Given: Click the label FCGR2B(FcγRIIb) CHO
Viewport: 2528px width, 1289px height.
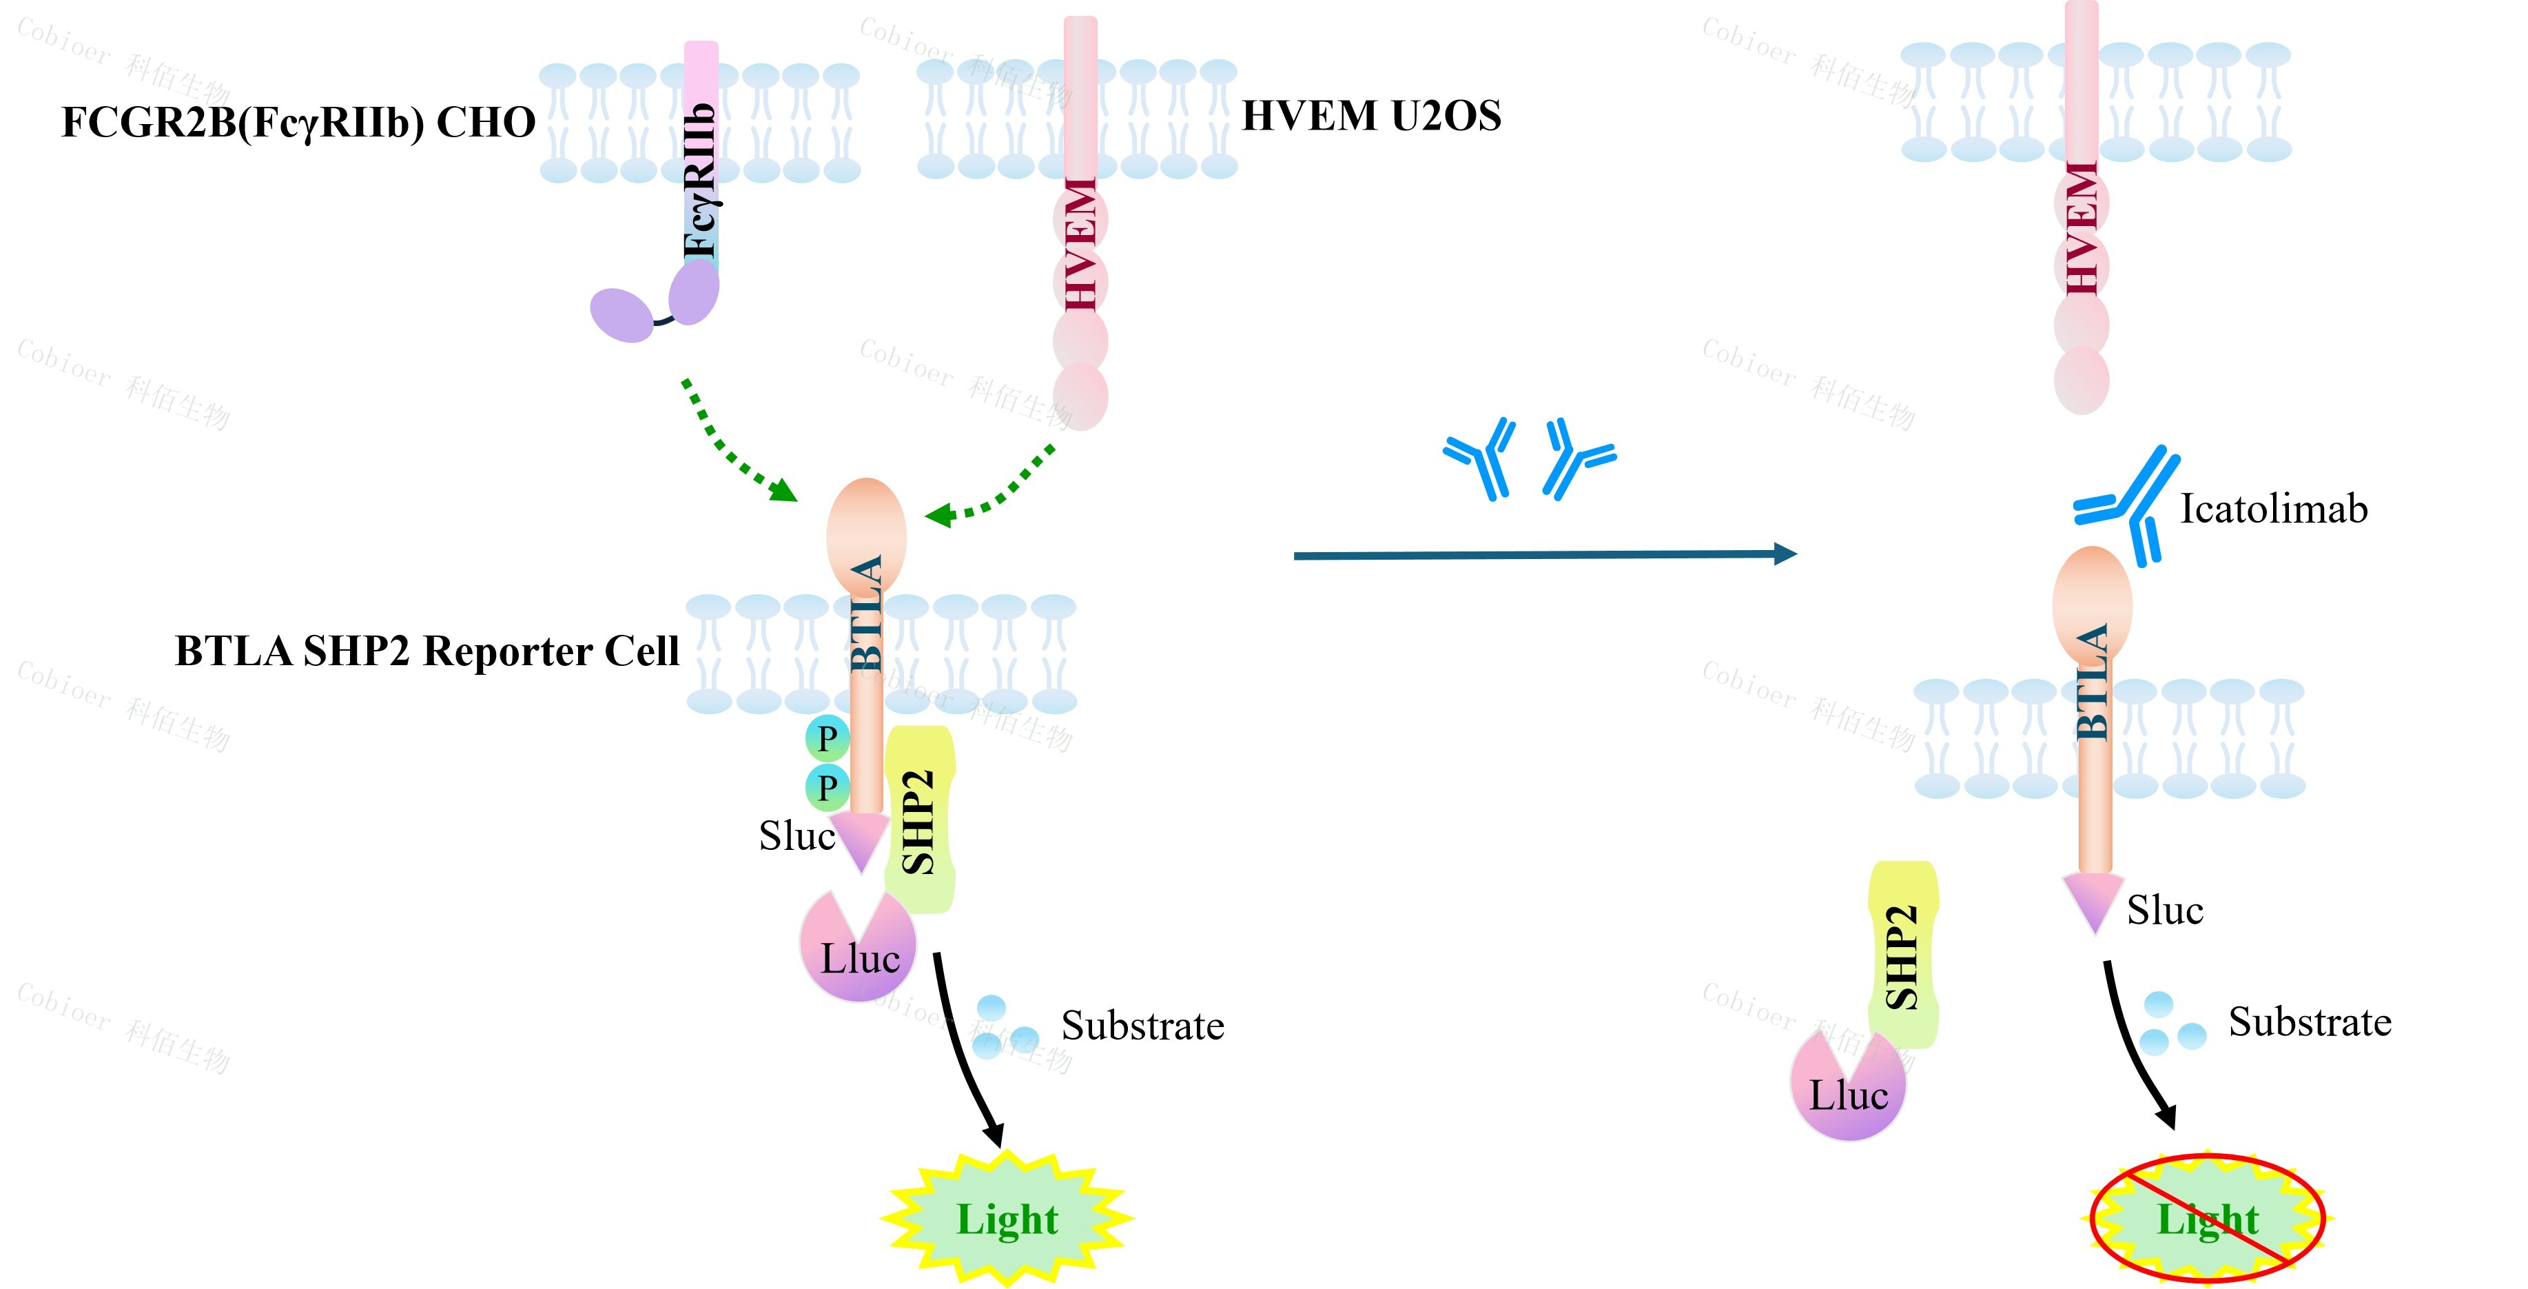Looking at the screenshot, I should pyautogui.click(x=298, y=123).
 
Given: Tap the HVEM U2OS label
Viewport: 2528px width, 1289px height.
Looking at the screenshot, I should pyautogui.click(x=1371, y=116).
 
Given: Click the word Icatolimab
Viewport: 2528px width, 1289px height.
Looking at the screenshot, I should pyautogui.click(x=2273, y=509).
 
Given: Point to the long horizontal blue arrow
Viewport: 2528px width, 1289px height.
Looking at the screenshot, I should pyautogui.click(x=1545, y=555).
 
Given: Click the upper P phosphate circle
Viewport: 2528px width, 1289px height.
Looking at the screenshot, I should pyautogui.click(x=828, y=738).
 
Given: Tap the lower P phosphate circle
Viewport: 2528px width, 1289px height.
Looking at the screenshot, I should pyautogui.click(x=828, y=787).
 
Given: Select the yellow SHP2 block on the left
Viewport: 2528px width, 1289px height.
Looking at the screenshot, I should pyautogui.click(x=920, y=820).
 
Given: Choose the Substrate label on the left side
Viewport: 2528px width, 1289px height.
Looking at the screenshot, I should pyautogui.click(x=1142, y=1026).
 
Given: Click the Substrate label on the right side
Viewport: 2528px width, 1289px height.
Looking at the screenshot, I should pyautogui.click(x=2309, y=1022).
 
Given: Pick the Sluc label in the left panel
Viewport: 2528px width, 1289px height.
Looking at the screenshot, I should pyautogui.click(x=796, y=836).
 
